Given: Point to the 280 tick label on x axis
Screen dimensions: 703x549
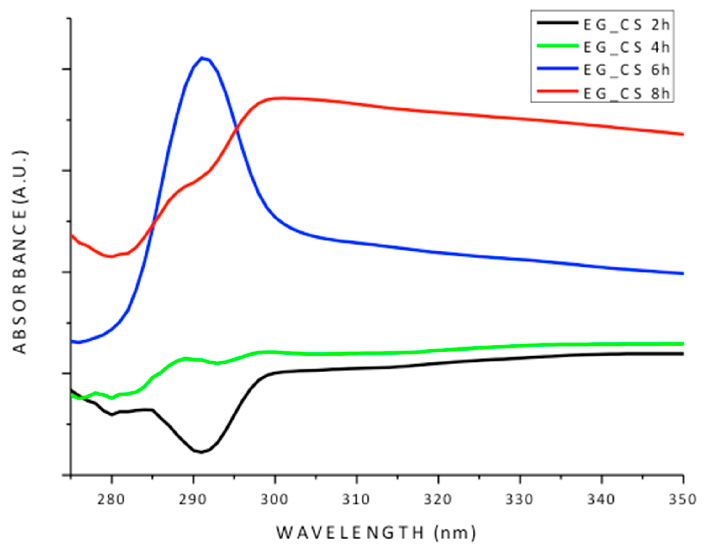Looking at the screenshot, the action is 111,500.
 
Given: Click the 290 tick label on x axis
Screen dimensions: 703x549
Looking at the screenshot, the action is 193,500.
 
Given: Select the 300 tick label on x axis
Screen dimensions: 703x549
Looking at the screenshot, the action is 275,500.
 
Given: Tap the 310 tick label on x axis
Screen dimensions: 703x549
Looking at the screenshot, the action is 357,500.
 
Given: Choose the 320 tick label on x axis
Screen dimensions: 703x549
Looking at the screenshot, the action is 438,500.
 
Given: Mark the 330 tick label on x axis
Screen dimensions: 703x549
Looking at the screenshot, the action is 520,500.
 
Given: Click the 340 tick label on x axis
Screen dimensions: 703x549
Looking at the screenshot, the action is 602,500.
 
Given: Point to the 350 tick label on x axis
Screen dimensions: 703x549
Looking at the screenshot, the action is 683,500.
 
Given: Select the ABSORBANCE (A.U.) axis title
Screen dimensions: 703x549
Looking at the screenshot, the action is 21,253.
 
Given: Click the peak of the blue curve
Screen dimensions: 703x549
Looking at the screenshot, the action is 202,58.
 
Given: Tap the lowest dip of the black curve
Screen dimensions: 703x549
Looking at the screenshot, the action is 202,452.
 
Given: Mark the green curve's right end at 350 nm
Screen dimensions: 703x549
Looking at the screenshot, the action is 682,344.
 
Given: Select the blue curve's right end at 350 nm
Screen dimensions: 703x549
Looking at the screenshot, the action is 682,273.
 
